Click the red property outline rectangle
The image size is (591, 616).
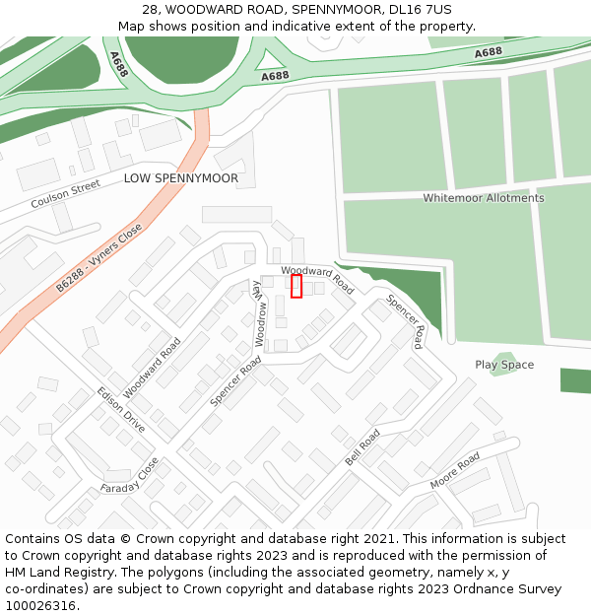[296, 286]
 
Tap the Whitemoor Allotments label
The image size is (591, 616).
[483, 198]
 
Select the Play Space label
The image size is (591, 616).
[504, 365]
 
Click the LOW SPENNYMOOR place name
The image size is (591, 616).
[181, 178]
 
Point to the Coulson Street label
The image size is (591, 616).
[66, 194]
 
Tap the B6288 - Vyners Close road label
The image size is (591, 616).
[98, 257]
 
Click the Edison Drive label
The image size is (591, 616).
[120, 410]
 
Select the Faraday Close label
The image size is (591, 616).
[129, 477]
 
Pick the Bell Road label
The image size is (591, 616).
[362, 448]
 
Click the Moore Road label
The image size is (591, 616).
[455, 471]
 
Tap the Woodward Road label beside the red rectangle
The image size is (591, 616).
[317, 279]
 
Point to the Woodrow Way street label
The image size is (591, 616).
[260, 316]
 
